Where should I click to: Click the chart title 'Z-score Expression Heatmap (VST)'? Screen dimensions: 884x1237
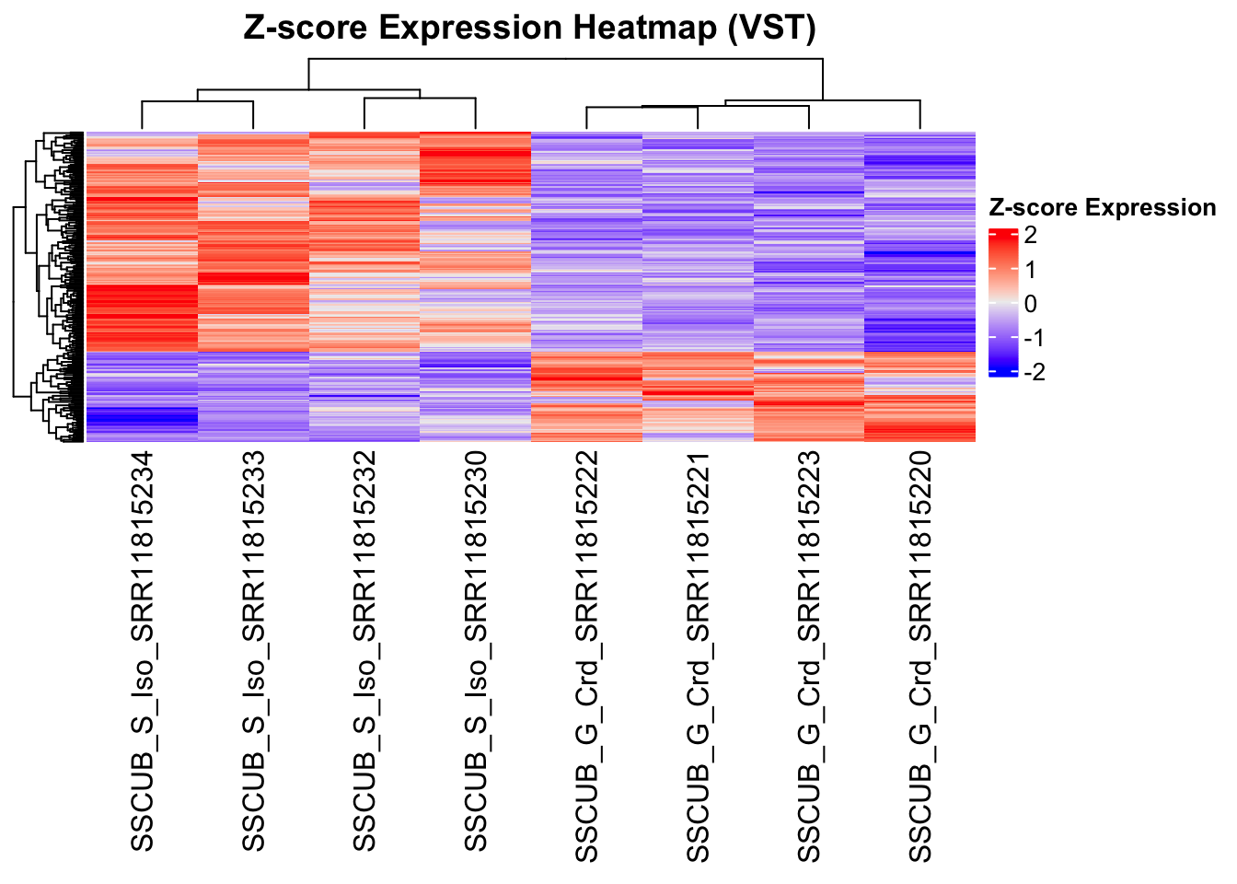point(529,28)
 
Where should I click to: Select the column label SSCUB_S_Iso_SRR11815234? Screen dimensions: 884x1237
point(143,652)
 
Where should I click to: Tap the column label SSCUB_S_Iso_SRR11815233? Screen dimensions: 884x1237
point(253,652)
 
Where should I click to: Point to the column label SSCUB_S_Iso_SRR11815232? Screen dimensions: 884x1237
point(364,652)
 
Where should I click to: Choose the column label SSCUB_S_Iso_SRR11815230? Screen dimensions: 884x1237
point(475,652)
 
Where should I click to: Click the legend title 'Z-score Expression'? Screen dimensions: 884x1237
point(1102,208)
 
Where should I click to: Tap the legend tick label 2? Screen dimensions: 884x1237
point(1030,236)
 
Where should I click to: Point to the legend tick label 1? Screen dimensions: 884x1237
point(1030,270)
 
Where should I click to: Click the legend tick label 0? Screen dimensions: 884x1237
point(1030,304)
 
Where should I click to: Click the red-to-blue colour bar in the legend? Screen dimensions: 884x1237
point(1002,303)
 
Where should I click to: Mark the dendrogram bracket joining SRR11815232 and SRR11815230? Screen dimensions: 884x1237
point(420,99)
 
